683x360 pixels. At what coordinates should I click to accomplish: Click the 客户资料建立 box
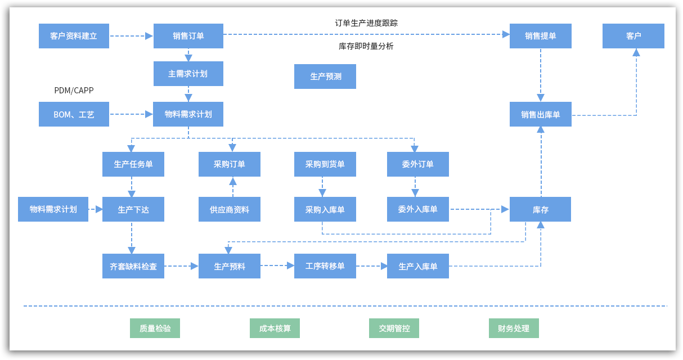(74, 36)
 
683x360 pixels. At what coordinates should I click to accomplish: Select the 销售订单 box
(188, 36)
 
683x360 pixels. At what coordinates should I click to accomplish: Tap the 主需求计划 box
(188, 74)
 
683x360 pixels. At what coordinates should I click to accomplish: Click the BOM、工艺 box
(74, 114)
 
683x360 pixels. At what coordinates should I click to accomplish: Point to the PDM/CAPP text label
(74, 91)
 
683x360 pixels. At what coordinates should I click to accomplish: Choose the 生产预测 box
(325, 76)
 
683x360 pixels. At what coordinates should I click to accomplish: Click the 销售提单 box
(541, 36)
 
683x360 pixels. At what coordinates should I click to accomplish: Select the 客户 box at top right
(633, 36)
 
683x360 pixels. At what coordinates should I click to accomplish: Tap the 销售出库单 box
(541, 114)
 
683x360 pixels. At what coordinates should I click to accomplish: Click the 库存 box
(541, 209)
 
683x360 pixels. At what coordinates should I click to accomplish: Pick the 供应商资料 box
(230, 209)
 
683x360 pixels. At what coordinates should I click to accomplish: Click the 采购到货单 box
(325, 164)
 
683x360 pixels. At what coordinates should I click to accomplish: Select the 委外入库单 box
(418, 209)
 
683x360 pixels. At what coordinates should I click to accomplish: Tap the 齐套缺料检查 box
(133, 266)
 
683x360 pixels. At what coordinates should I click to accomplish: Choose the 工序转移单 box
(325, 266)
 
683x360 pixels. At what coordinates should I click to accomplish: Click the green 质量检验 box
(155, 328)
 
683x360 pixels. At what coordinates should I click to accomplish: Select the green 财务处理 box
(514, 328)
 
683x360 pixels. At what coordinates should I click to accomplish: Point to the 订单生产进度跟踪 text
(366, 23)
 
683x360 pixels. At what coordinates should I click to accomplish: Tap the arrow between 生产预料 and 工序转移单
(277, 265)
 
